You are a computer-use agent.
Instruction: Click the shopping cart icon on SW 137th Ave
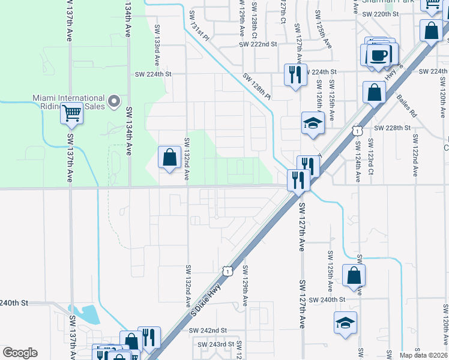72,112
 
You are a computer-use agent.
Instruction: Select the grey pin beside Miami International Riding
115,100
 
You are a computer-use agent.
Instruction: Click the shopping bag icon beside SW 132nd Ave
170,157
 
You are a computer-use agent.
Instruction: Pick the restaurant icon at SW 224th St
295,75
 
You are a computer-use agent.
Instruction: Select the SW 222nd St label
258,44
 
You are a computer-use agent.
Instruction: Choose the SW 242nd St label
208,331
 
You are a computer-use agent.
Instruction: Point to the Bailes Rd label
406,107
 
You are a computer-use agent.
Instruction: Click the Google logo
20,353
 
